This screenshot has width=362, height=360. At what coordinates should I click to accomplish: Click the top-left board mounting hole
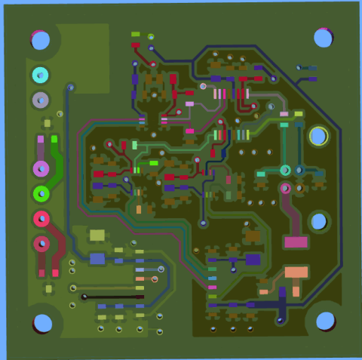41,39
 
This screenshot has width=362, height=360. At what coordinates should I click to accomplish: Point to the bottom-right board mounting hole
326,320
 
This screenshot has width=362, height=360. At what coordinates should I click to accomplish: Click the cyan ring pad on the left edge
40,75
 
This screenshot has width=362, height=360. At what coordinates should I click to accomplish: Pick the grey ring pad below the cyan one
40,100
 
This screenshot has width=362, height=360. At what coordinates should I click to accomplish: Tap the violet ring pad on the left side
40,168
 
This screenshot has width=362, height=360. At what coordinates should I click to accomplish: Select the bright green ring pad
40,193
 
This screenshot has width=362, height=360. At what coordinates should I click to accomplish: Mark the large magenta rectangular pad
296,242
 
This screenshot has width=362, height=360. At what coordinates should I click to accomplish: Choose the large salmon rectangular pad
296,272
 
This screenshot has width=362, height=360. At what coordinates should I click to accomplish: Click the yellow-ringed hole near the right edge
318,137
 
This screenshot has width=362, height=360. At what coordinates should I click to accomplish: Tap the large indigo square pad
253,260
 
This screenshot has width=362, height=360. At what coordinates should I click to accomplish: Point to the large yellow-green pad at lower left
97,235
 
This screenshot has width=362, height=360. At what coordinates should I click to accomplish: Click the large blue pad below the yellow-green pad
97,259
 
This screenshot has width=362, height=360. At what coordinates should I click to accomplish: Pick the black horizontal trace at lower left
113,297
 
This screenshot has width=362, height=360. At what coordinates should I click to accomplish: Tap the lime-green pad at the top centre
136,34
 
